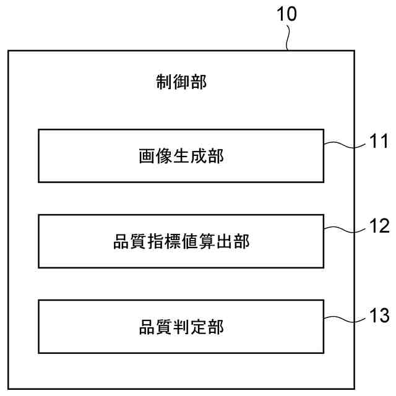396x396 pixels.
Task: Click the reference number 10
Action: pos(286,15)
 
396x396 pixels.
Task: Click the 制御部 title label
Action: pos(180,82)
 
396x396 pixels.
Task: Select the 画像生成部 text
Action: pos(181,157)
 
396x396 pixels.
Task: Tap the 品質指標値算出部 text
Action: pos(181,242)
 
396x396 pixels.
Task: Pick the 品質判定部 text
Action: pos(181,327)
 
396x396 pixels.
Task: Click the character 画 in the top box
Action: pos(147,157)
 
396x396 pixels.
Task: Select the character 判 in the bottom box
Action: pos(181,327)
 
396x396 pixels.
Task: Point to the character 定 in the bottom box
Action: pos(198,327)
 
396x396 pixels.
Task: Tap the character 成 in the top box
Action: pos(198,157)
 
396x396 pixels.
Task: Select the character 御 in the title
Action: pos(180,82)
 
